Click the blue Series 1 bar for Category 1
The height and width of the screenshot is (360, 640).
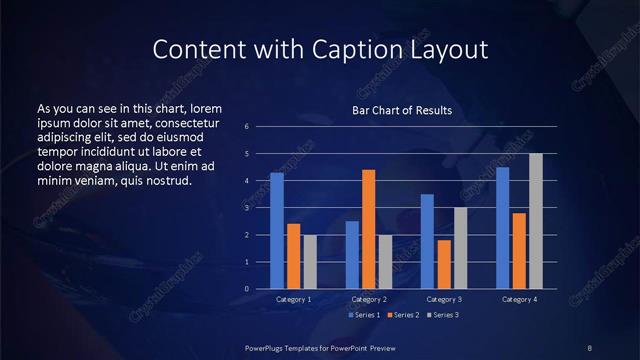(x=277, y=231)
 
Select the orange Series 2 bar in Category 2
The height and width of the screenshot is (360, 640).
(x=368, y=229)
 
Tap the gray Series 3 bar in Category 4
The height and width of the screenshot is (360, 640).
(x=535, y=221)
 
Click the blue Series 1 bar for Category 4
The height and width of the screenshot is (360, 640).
(x=502, y=228)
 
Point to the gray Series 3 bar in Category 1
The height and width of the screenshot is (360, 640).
(x=310, y=262)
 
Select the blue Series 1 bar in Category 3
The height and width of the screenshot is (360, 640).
(x=427, y=241)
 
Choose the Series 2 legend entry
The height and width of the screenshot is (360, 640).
(x=403, y=315)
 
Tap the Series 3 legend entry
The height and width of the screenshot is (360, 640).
(x=442, y=315)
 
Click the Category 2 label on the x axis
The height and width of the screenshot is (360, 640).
(x=369, y=299)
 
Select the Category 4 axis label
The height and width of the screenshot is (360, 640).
(x=519, y=299)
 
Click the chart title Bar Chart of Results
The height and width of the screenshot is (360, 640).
(x=402, y=110)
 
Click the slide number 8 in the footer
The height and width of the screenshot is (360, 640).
(x=589, y=347)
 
